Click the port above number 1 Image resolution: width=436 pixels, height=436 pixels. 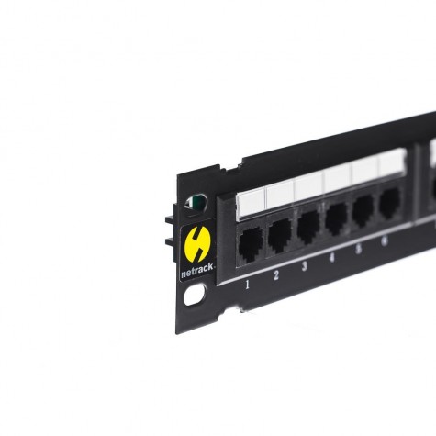point(251,245)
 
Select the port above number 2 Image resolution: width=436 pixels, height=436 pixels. point(279,236)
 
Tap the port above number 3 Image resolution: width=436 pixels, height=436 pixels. point(308,228)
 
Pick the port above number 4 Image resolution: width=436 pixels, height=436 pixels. point(337,218)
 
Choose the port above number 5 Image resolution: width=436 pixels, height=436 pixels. point(363,210)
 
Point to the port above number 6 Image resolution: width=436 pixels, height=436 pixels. point(389,202)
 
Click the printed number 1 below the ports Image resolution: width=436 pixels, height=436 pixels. point(248,285)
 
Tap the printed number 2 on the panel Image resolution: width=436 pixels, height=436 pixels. point(276,275)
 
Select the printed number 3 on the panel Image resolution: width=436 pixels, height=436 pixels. point(305,266)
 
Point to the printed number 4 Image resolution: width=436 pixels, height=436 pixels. point(332,258)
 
